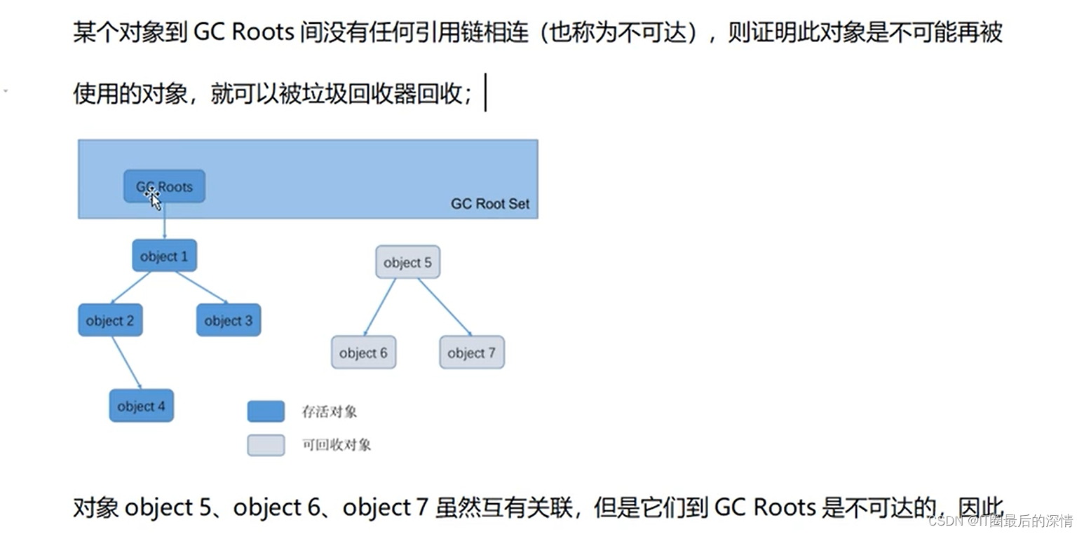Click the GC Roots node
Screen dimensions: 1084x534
(x=164, y=186)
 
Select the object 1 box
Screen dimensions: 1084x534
(x=164, y=256)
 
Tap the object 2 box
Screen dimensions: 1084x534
(x=110, y=320)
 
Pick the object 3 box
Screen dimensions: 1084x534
(x=228, y=320)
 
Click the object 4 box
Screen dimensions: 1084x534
(x=141, y=406)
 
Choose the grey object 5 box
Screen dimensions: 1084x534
(x=407, y=262)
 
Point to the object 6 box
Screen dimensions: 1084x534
(x=363, y=352)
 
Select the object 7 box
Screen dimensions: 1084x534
(x=471, y=352)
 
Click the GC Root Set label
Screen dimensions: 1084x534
(x=489, y=204)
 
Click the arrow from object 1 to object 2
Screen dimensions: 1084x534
(x=130, y=288)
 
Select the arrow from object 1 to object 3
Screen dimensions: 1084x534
(x=202, y=288)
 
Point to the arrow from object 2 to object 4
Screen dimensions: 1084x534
(x=126, y=362)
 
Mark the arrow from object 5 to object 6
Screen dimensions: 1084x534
(x=379, y=307)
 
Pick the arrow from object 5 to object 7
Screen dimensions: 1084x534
(x=445, y=307)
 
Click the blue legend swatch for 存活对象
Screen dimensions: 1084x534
(x=266, y=411)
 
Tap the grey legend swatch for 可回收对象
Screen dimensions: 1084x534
(x=266, y=445)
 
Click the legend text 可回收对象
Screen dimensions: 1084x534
(x=337, y=445)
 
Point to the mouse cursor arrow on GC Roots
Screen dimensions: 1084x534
(x=155, y=200)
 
